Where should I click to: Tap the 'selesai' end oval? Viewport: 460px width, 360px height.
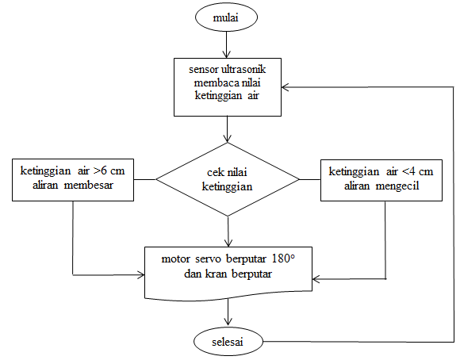[x=228, y=341]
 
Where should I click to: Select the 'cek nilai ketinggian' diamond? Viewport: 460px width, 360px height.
[x=228, y=180]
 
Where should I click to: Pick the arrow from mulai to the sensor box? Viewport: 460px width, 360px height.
[x=228, y=44]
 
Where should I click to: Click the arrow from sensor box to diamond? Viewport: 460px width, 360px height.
[x=228, y=129]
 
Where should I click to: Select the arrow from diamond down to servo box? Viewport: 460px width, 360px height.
[x=228, y=231]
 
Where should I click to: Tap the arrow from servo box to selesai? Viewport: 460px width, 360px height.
[x=228, y=313]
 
